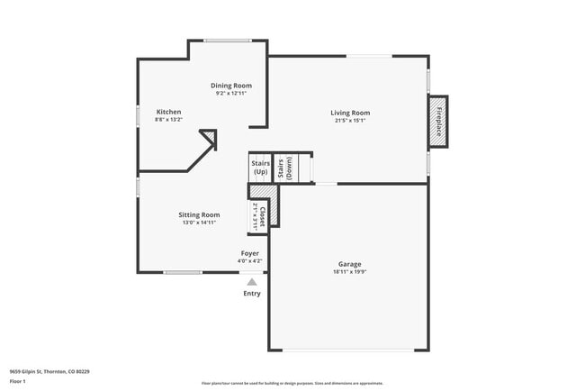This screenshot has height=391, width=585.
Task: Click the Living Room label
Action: point(350,113)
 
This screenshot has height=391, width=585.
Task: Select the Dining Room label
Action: point(230,86)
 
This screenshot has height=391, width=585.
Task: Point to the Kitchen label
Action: point(168,112)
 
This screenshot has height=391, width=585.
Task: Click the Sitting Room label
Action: point(199,214)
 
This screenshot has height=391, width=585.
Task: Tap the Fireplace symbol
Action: point(439,122)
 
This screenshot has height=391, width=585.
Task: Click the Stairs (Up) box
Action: point(260,168)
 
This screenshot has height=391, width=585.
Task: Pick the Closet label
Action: point(262,213)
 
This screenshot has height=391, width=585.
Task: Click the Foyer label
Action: point(249,253)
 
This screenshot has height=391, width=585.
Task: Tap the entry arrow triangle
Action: point(252,282)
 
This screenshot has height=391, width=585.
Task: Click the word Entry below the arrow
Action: point(252,294)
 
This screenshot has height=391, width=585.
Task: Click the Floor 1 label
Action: point(18,381)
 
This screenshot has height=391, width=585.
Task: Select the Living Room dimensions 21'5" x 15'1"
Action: point(350,120)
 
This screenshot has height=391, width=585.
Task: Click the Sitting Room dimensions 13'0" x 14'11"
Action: point(199,222)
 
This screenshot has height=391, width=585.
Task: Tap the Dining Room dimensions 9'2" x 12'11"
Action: point(230,93)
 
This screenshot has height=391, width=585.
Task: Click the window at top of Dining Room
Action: point(228,40)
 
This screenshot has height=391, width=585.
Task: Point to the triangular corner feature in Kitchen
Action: point(210,137)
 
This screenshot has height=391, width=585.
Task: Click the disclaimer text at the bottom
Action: point(292,382)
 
